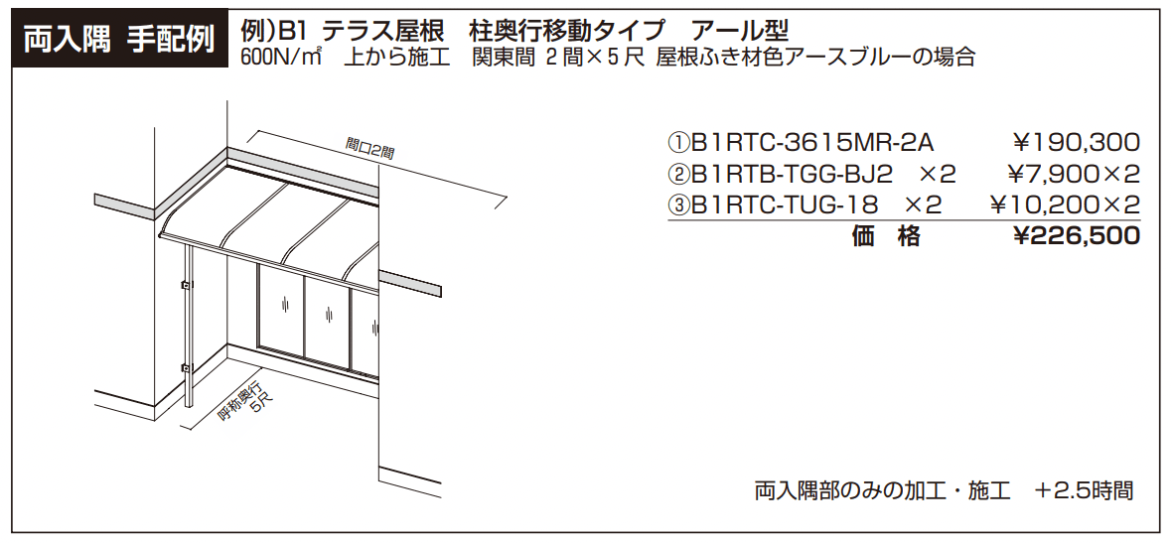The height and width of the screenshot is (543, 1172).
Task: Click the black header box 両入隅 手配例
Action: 117,40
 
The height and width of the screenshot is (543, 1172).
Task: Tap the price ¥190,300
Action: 1076,144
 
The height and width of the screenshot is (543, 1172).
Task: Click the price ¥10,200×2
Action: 1066,205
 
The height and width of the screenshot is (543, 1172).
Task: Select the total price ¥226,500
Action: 1076,236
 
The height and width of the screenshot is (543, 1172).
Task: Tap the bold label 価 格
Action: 886,236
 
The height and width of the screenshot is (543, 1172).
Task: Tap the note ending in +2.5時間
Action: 944,490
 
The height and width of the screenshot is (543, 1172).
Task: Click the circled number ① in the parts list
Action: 677,144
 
